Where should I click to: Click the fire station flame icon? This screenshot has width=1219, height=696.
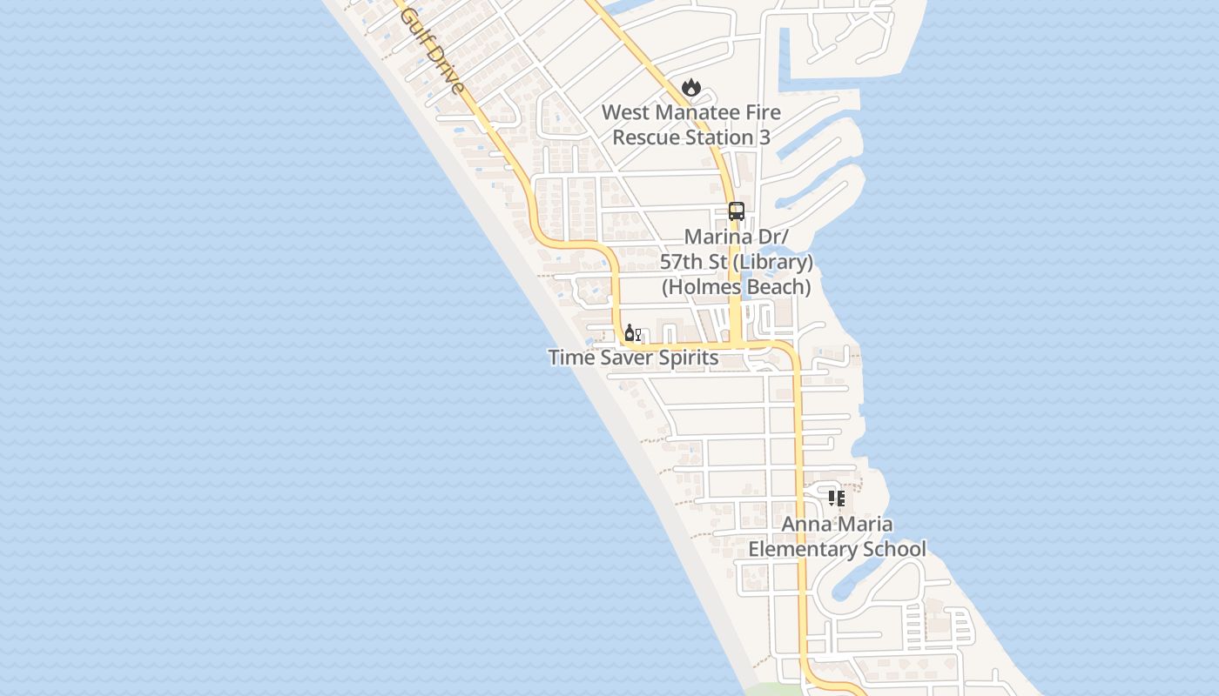pos(691,87)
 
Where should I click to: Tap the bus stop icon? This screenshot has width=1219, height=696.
pos(737,211)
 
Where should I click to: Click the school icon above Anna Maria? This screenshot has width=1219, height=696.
pos(836,499)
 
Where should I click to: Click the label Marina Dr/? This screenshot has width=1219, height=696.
pos(737,238)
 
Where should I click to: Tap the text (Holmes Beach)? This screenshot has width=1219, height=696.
pos(737,286)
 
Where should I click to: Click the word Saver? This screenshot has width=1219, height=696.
pos(620,358)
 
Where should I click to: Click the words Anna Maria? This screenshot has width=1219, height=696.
pos(837,525)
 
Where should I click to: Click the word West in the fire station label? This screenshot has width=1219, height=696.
pos(625,113)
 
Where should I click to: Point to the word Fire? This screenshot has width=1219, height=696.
pos(763,113)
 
